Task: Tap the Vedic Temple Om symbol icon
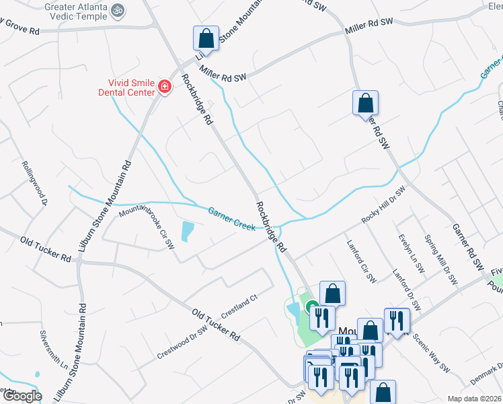[x=118, y=10]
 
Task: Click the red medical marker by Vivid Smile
[x=163, y=86]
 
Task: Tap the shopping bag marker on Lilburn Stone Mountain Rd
[x=206, y=38]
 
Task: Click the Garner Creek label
[x=231, y=220]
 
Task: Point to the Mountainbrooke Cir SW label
[x=147, y=229]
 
